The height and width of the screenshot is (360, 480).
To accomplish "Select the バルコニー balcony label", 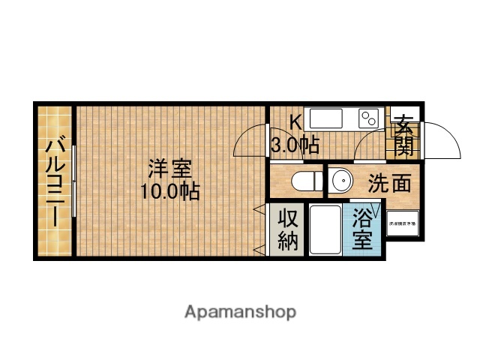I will [x=55, y=182].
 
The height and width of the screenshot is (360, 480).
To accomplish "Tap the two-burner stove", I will [x=370, y=118].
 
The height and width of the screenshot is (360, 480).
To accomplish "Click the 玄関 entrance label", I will [x=404, y=133].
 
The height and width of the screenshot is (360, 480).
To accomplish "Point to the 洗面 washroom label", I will [x=388, y=182].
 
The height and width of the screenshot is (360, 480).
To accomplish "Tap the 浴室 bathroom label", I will [x=363, y=229].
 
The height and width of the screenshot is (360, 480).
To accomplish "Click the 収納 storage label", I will [x=289, y=230].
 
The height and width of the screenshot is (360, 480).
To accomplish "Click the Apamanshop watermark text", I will [x=240, y=311].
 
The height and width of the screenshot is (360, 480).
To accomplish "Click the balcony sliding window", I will [x=74, y=183].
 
